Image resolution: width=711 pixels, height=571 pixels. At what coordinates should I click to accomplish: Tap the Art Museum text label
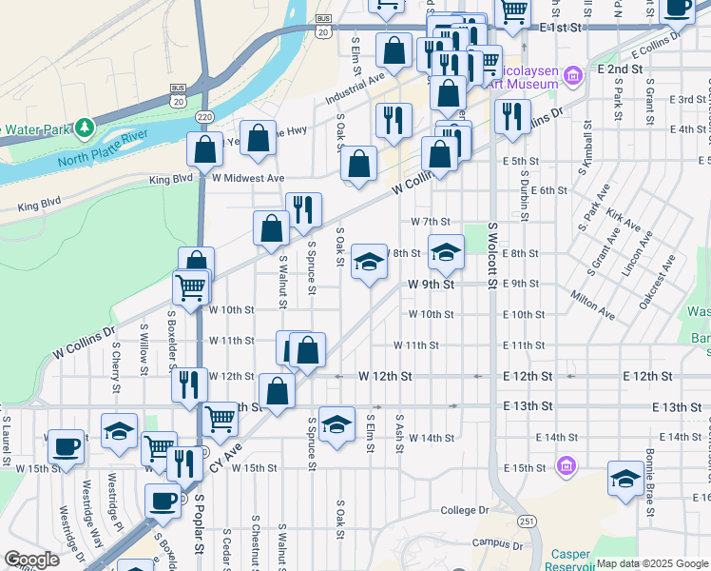[x=526, y=85]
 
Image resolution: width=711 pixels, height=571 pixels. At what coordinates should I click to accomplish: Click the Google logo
[x=31, y=560]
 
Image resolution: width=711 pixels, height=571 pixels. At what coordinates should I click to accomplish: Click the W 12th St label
[x=385, y=377]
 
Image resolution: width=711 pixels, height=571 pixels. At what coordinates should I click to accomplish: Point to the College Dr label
[x=465, y=511]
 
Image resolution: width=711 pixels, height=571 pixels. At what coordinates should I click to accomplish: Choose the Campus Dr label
[x=498, y=544]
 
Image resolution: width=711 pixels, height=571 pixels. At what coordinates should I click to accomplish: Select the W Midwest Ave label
[x=248, y=178]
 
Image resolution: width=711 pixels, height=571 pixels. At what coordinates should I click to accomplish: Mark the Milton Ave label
[x=592, y=305]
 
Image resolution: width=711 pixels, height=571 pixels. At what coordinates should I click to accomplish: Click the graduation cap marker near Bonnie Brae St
[x=625, y=479]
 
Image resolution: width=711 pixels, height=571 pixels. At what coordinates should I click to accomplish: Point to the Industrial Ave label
[x=354, y=90]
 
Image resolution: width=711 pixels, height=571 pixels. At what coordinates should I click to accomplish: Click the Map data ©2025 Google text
[x=652, y=563]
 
